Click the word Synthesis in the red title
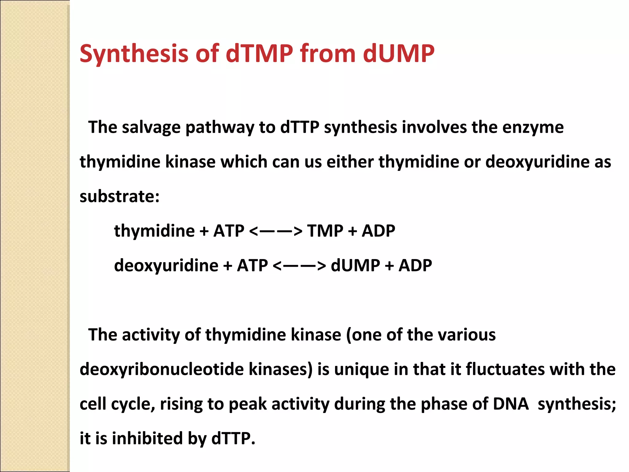point(134,54)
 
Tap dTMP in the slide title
point(260,54)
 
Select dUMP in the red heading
point(399,54)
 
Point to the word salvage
point(151,127)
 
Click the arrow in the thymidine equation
point(276,231)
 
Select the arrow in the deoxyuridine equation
point(299,265)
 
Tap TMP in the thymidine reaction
point(325,231)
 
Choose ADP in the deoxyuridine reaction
point(415,265)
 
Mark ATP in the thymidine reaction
point(229,231)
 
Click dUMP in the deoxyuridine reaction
point(355,265)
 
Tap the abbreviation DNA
point(511,404)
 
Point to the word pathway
point(220,127)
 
